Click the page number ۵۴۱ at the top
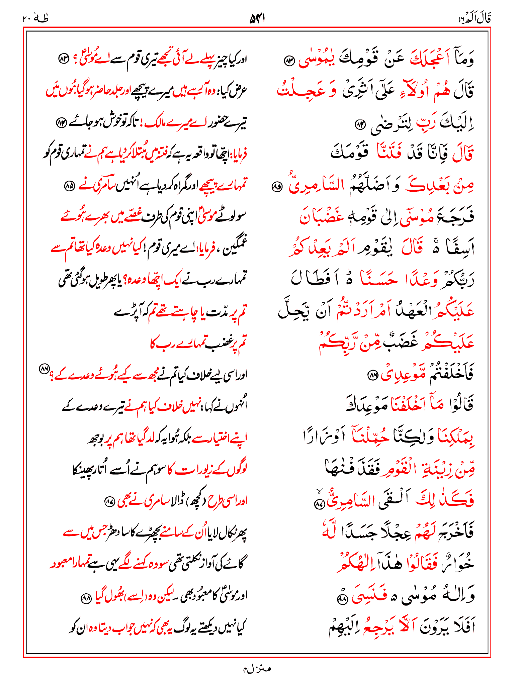point(257,19)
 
